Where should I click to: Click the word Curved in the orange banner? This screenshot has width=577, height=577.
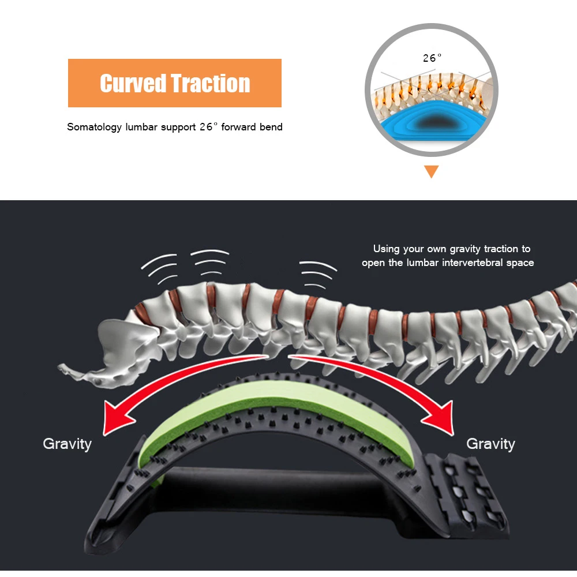click(133, 83)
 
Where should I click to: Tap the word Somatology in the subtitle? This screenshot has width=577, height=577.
click(94, 127)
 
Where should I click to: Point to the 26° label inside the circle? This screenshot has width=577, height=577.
click(432, 58)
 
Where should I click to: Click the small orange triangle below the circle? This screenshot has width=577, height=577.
click(431, 171)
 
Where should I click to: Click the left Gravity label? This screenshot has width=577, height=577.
click(68, 444)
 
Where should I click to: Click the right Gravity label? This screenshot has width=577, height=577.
click(490, 444)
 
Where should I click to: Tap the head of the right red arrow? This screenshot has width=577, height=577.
click(440, 418)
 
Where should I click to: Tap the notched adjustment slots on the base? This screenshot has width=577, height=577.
click(467, 493)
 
